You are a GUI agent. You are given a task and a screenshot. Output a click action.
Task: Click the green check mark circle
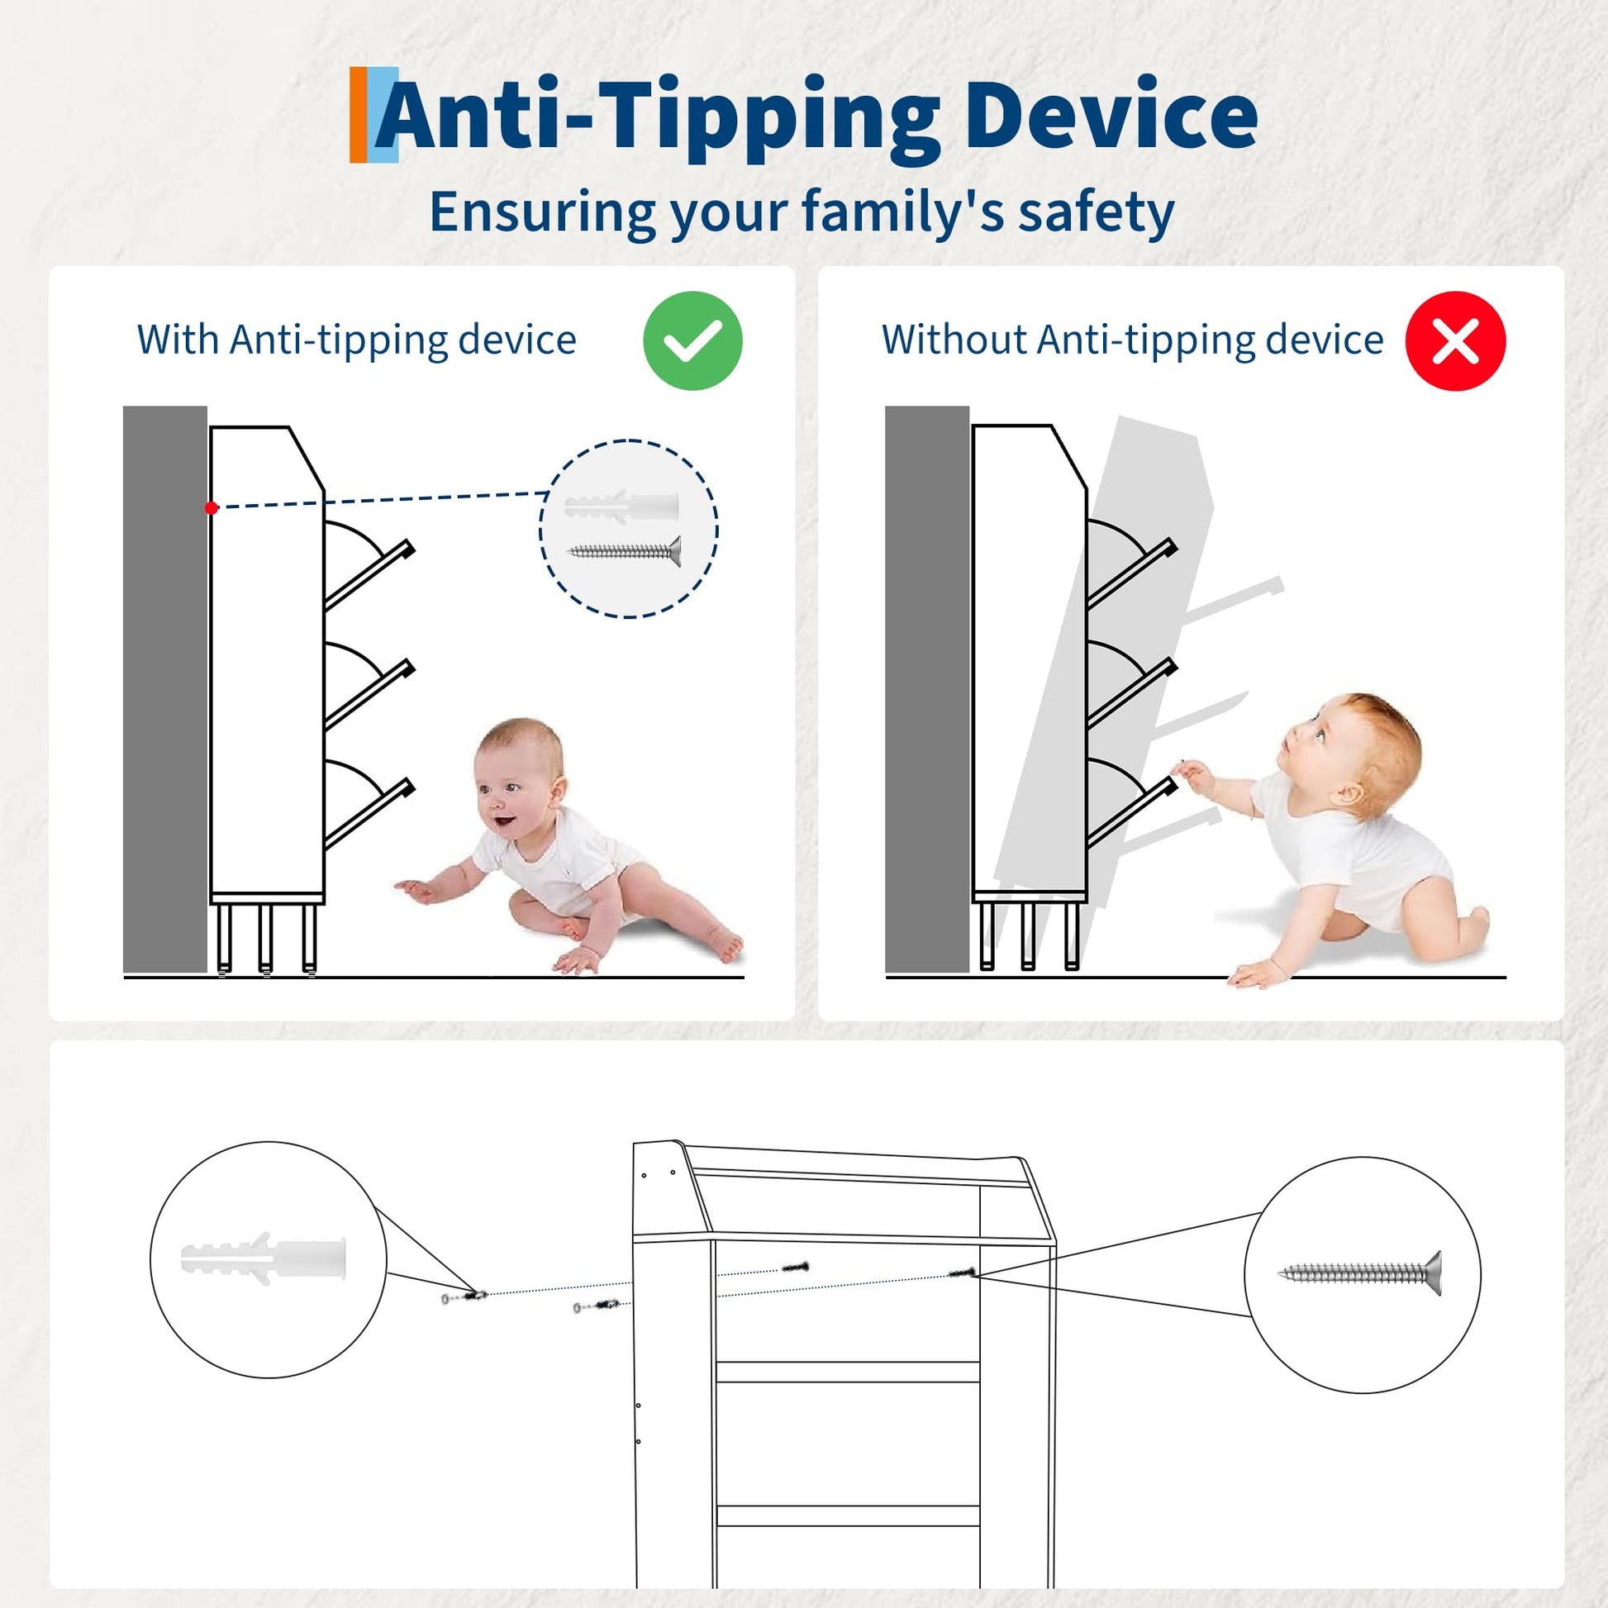tap(692, 340)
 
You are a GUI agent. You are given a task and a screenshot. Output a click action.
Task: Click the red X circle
tap(1456, 340)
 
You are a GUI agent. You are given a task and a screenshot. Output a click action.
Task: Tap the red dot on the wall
tap(212, 507)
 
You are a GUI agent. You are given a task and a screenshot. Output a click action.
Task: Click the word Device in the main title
tap(1111, 117)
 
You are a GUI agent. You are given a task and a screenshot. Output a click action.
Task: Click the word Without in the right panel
tap(954, 340)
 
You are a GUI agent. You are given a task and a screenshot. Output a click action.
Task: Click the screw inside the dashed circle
tap(624, 551)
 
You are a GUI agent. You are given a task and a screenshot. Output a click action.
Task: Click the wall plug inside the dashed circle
tap(621, 505)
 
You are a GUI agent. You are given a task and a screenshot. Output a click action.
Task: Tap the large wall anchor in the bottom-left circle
tap(263, 1258)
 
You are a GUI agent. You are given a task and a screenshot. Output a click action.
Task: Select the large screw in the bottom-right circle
tap(1359, 1273)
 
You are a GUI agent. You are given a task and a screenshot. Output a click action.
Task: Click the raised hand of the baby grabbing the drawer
tap(1191, 776)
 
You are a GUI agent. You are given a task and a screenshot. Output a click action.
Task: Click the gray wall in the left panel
tap(164, 689)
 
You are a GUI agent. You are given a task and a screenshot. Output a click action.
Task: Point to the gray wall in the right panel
tap(927, 689)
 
